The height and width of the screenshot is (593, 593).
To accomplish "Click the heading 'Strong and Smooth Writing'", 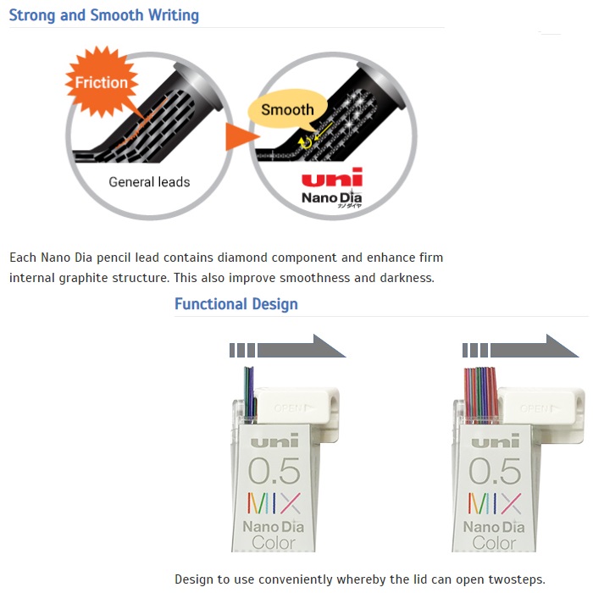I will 104,15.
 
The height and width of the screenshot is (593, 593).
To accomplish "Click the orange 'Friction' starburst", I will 102,83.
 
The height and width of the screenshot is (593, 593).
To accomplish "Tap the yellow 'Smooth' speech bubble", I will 287,109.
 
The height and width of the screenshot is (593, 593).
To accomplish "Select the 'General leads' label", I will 149,182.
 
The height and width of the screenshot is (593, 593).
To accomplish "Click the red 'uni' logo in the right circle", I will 331,179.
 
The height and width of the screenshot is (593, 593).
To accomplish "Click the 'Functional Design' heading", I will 236,304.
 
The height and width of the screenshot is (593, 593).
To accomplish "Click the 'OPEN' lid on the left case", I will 297,406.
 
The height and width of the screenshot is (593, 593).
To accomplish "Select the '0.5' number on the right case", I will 496,470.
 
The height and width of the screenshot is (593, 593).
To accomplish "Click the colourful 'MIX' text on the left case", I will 274,503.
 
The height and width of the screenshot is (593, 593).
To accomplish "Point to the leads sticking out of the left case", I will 249,391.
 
